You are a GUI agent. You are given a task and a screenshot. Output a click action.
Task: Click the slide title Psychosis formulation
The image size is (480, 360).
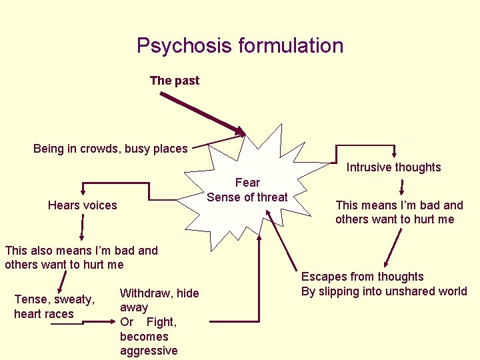pyautogui.click(x=240, y=45)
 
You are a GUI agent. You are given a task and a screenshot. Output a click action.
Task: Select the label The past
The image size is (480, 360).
pyautogui.click(x=175, y=81)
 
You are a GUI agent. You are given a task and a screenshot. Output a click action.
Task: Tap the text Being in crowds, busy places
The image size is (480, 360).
pyautogui.click(x=111, y=149)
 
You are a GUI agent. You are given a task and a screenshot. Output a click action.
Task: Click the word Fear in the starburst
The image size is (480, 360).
pyautogui.click(x=247, y=182)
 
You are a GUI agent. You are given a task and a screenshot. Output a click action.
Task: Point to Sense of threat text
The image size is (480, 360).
pyautogui.click(x=247, y=197)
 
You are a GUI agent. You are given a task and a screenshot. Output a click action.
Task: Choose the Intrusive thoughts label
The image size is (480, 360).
pyautogui.click(x=393, y=167)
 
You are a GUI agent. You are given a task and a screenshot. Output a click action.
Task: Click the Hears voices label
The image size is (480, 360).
pyautogui.click(x=82, y=205)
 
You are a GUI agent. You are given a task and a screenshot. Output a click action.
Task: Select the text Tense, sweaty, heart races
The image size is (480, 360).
pyautogui.click(x=54, y=307)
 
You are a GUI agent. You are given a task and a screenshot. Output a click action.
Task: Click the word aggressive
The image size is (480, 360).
pyautogui.click(x=149, y=351)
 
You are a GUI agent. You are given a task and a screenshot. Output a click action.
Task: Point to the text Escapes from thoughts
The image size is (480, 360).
pyautogui.click(x=362, y=277)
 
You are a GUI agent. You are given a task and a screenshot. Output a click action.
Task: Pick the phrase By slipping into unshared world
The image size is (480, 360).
pyautogui.click(x=384, y=291)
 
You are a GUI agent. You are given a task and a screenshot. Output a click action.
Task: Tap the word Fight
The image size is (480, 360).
pyautogui.click(x=161, y=322)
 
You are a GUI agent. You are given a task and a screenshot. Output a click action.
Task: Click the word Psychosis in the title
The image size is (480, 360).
pyautogui.click(x=177, y=45)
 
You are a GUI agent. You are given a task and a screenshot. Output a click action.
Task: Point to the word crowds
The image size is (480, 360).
pyautogui.click(x=101, y=149)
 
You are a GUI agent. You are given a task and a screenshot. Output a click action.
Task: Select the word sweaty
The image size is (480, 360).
pyautogui.click(x=73, y=299)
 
